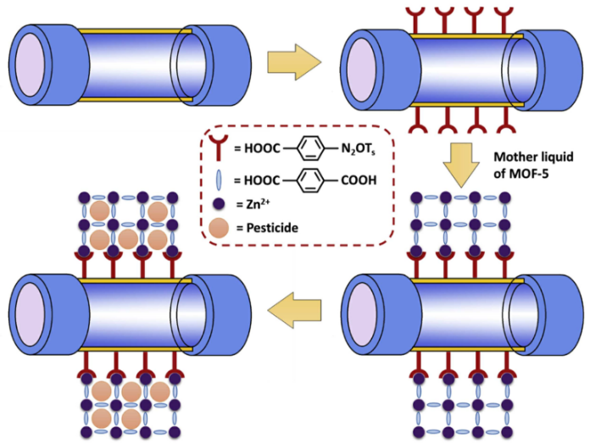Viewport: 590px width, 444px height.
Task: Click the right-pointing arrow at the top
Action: click(293, 64)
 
